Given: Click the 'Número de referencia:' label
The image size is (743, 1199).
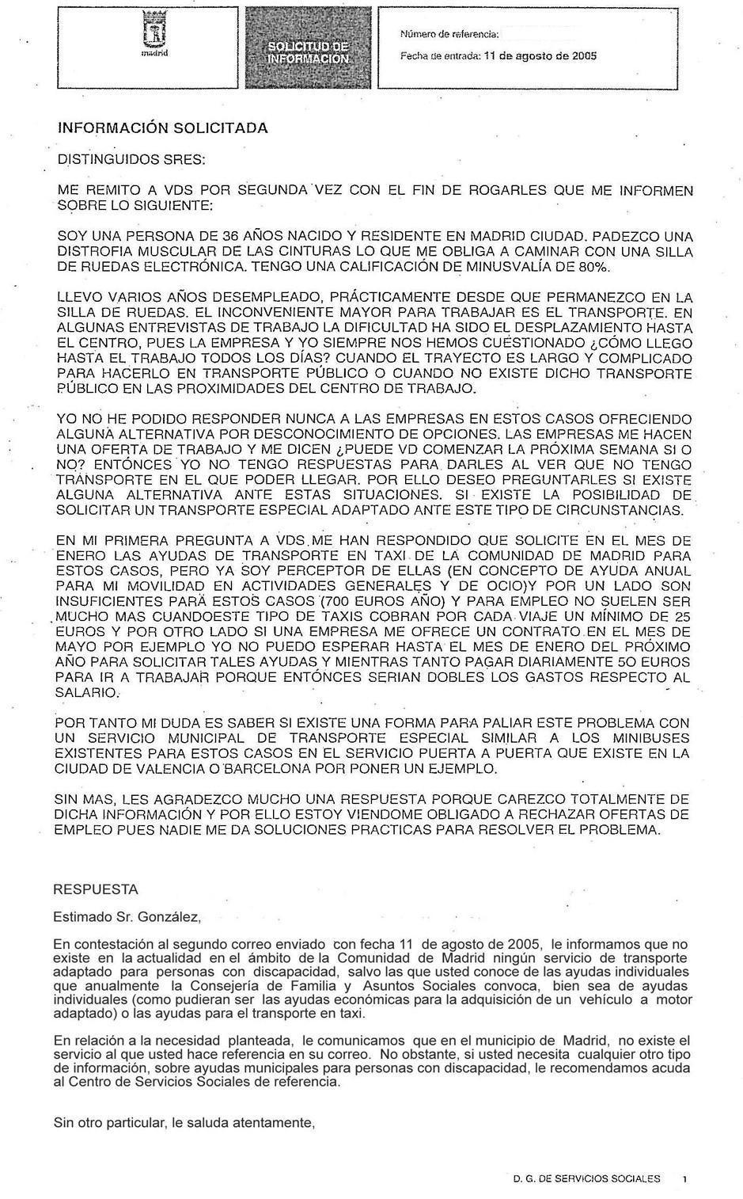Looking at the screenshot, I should [449, 34].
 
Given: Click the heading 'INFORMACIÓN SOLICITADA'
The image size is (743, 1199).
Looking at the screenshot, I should [163, 128].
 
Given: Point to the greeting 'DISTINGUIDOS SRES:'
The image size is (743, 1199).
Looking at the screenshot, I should [131, 159].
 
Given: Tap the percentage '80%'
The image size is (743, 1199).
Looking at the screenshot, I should [595, 267].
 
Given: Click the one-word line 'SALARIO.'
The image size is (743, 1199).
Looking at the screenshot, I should [87, 692].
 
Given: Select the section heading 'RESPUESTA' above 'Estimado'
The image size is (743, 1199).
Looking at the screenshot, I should [95, 889].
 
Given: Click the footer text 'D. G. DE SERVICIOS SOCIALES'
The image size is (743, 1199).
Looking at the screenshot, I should [586, 1178].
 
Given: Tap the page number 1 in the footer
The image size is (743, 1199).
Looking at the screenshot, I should [684, 1179].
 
